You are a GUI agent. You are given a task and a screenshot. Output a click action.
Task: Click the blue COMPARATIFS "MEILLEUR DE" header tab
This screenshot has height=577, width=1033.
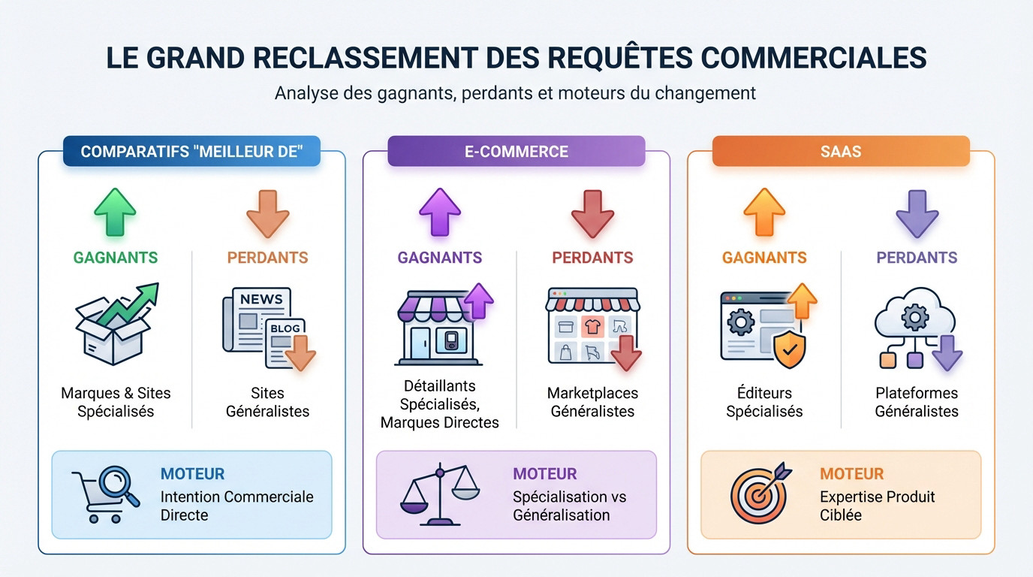(x=191, y=151)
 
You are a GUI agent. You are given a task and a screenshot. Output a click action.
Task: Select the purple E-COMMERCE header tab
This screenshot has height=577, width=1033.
(x=516, y=151)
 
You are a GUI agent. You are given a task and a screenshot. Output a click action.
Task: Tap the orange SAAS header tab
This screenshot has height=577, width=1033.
(x=841, y=151)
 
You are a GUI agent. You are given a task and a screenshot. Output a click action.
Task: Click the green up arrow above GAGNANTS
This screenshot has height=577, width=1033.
(x=115, y=213)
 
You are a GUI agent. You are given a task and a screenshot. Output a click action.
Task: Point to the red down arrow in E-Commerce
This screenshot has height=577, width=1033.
(x=592, y=214)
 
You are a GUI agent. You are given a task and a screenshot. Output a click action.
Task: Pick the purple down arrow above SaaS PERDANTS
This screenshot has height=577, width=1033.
(x=917, y=214)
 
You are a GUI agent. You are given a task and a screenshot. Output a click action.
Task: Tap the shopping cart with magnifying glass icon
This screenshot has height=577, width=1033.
(x=105, y=495)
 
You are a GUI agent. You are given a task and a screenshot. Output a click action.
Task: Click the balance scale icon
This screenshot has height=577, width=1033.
(x=439, y=495)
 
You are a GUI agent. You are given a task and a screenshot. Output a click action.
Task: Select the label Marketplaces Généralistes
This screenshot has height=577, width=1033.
(x=592, y=402)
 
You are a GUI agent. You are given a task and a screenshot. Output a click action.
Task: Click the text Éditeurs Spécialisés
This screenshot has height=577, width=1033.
(x=764, y=402)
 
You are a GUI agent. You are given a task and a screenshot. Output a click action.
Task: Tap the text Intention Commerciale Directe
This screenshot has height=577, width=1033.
(x=236, y=506)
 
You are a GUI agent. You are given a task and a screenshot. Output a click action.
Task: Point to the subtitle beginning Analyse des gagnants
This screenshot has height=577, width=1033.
(x=515, y=93)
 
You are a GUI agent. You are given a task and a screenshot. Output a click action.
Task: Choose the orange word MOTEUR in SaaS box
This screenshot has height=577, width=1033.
(x=851, y=474)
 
